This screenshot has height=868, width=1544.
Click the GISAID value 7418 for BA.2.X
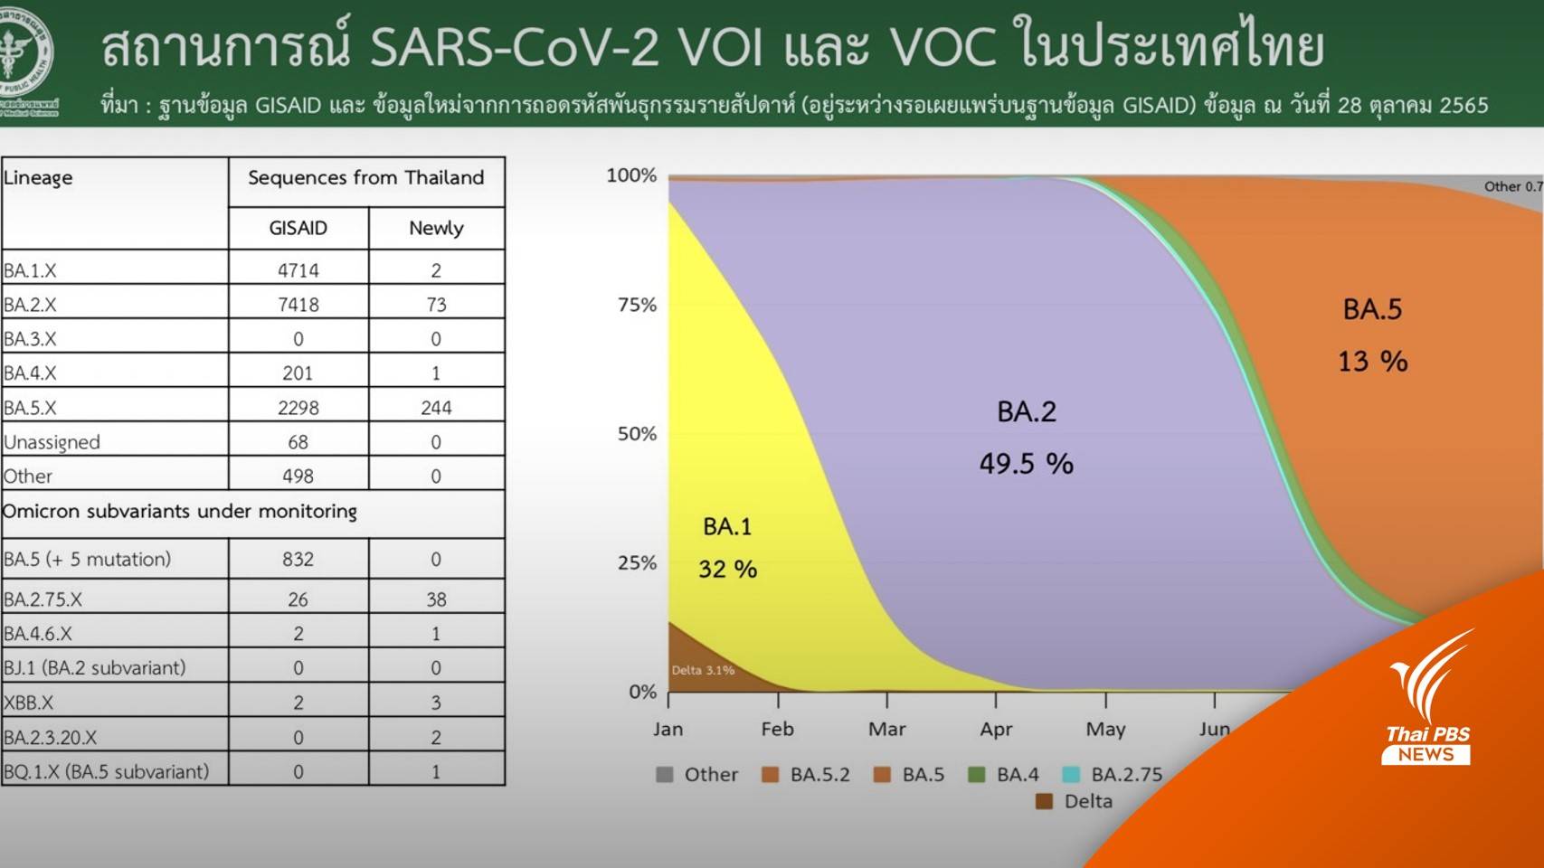(298, 305)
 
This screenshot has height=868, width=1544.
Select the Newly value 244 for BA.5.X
(436, 408)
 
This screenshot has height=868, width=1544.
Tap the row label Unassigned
(52, 442)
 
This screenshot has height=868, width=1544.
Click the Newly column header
(436, 229)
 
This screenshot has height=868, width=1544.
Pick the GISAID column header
(298, 229)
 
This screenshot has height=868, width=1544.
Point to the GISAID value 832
(298, 560)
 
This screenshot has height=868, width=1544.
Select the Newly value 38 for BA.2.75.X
(436, 599)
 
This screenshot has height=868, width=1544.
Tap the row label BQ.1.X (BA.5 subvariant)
(106, 772)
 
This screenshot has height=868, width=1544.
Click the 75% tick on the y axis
(637, 305)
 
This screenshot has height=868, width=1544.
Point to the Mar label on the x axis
(886, 730)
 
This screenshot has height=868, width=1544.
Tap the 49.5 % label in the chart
(1026, 464)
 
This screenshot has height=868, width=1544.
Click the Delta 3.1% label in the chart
(703, 670)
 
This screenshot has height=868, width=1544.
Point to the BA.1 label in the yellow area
(727, 526)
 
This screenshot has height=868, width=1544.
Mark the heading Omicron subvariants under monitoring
(180, 512)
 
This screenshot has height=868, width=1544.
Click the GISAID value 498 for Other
(298, 476)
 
